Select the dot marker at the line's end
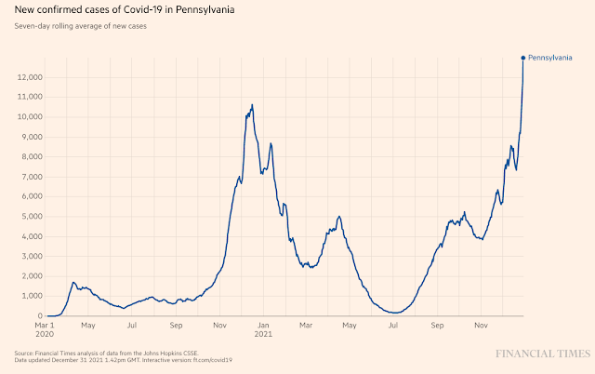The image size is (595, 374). pyautogui.click(x=523, y=58)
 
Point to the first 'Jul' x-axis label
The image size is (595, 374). pyautogui.click(x=133, y=327)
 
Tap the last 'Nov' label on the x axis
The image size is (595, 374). pyautogui.click(x=482, y=327)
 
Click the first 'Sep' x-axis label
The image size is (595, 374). pyautogui.click(x=177, y=327)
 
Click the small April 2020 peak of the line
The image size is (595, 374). pyautogui.click(x=73, y=282)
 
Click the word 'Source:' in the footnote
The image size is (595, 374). pyautogui.click(x=25, y=354)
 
